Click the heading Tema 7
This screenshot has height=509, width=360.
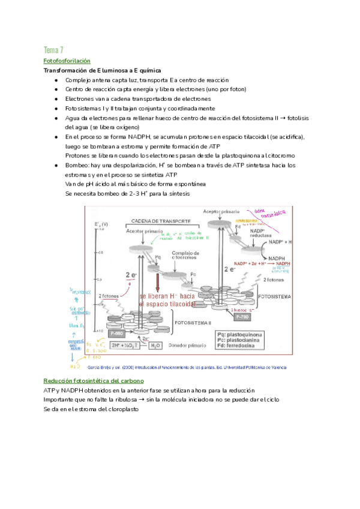click(53, 49)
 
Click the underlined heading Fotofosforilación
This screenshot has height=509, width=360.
click(67, 61)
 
